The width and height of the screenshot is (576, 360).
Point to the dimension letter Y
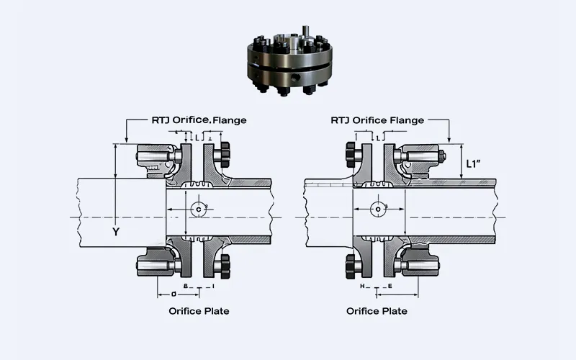[115, 232]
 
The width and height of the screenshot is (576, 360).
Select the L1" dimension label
[474, 163]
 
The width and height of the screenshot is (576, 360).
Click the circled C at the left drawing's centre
[198, 209]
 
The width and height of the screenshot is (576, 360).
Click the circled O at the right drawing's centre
[379, 209]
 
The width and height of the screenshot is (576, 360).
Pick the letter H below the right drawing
[363, 287]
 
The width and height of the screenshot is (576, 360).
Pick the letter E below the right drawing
[390, 287]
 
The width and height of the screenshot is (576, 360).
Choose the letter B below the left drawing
[186, 287]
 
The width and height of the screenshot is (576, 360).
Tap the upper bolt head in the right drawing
[352, 153]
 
